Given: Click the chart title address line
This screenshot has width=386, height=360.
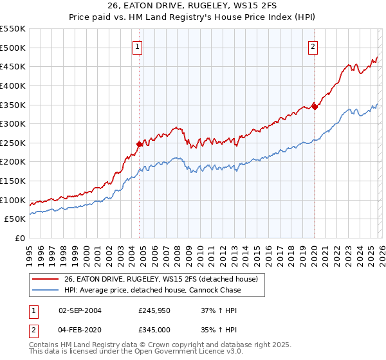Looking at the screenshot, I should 193,7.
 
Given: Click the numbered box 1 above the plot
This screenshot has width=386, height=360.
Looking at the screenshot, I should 138,46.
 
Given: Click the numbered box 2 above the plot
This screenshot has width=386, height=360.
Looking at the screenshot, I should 313,46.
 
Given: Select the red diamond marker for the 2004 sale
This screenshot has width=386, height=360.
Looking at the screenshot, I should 139,145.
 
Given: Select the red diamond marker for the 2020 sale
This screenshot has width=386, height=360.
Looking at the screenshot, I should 315,107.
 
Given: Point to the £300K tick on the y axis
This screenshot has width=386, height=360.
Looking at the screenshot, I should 14,123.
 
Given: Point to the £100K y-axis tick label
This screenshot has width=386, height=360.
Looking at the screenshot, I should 14,200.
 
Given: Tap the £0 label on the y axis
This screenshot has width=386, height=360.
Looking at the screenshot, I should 20,238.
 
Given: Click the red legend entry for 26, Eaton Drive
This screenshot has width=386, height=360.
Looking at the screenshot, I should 161,279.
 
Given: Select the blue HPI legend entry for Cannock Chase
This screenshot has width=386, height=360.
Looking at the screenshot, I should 152,291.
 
